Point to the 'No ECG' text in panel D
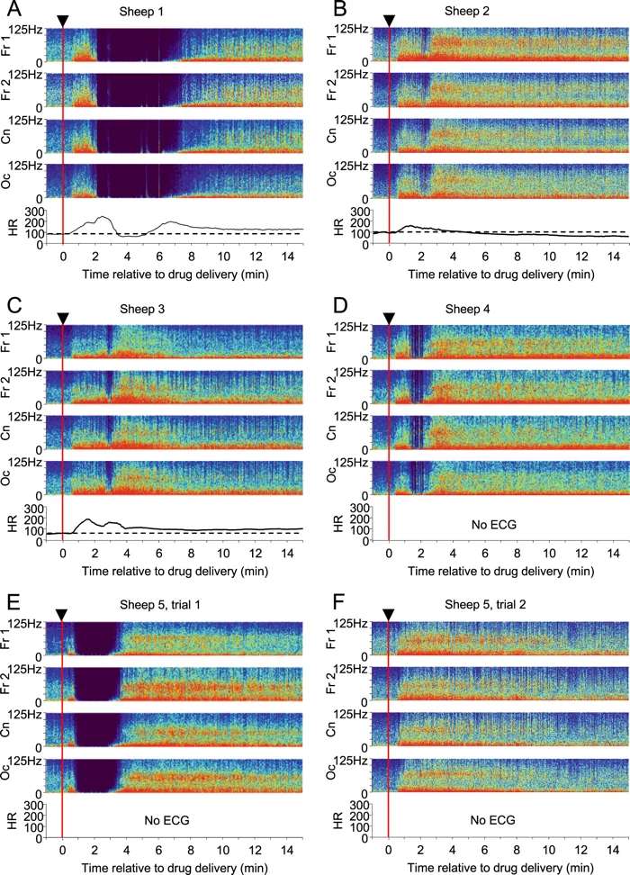coord(492,521)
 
